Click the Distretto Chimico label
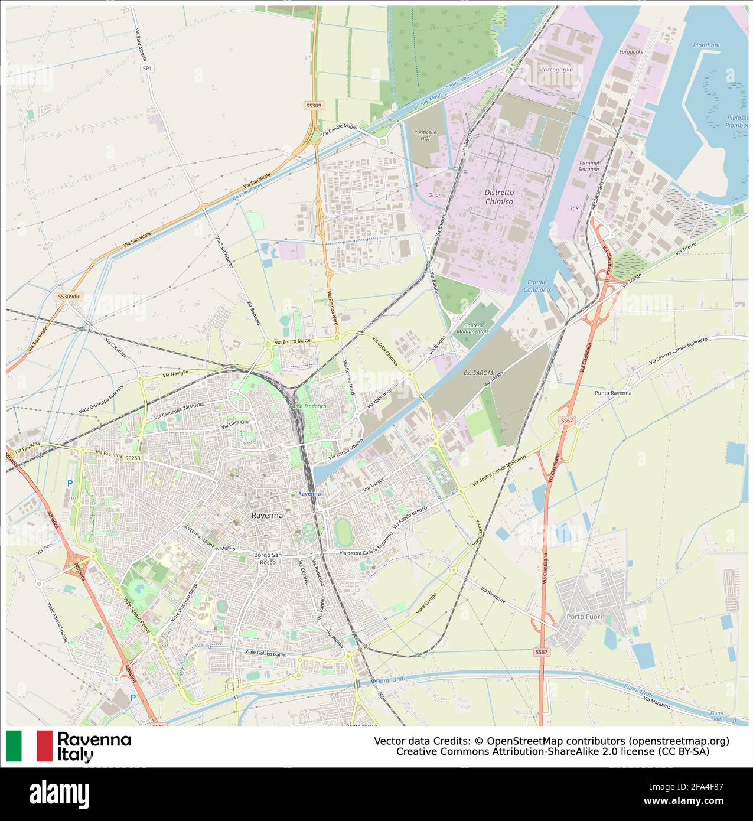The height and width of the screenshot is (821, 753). (x=499, y=197)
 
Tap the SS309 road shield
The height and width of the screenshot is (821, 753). (x=314, y=106)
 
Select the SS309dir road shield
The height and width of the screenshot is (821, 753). (x=69, y=297)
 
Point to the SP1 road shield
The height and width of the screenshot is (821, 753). (x=147, y=69)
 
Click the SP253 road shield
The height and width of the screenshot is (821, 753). (x=132, y=458)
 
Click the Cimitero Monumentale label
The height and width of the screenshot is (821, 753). (x=472, y=328)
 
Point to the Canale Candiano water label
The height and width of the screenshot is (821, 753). (x=536, y=286)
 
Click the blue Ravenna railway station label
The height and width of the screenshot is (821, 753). (x=309, y=493)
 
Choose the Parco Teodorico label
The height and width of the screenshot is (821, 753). (x=308, y=406)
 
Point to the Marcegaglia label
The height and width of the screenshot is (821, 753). (x=556, y=69)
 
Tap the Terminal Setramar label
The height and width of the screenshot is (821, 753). (x=589, y=166)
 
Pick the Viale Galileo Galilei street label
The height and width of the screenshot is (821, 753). (x=265, y=653)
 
